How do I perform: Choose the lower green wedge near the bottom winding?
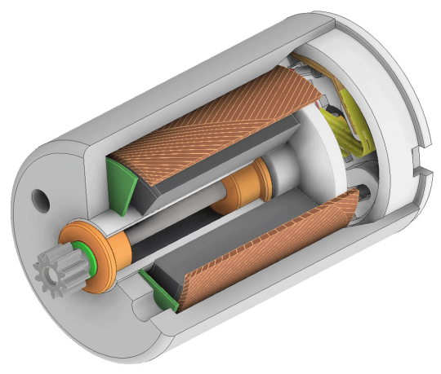158,292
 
